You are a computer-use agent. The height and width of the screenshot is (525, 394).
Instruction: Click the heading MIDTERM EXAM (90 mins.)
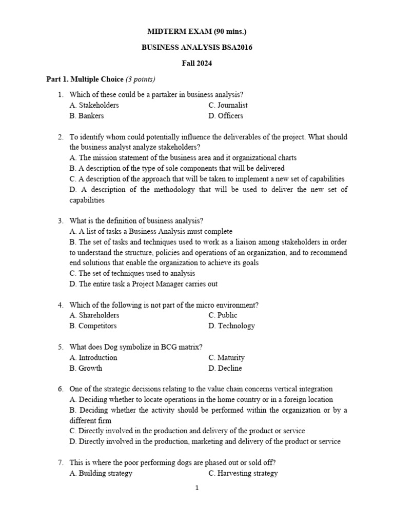[x=197, y=32]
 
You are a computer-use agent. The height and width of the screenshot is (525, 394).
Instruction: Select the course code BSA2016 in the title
[x=234, y=48]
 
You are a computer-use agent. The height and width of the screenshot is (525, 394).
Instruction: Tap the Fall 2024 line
[x=197, y=64]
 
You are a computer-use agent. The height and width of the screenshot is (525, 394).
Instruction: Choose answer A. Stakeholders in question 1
[x=94, y=105]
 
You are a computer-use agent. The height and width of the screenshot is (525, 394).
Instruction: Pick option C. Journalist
[x=228, y=105]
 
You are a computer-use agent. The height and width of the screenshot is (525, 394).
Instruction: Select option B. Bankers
[x=87, y=116]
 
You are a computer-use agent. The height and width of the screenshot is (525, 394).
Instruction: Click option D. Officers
[x=226, y=116]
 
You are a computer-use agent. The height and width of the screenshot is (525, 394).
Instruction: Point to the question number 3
[x=60, y=221]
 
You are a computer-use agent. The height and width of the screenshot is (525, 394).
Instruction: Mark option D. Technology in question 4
[x=232, y=326]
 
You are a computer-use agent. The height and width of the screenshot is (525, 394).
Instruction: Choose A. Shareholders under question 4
[x=94, y=315]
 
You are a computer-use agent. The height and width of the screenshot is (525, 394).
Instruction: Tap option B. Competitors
[x=93, y=326]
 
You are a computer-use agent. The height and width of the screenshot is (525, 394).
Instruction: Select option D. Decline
[x=225, y=368]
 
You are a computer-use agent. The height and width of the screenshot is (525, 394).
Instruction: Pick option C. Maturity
[x=227, y=357]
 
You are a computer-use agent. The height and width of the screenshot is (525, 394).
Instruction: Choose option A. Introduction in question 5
[x=93, y=357]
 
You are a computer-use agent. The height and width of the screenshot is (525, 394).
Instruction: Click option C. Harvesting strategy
[x=243, y=473]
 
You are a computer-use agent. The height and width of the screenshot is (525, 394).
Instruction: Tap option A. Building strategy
[x=101, y=473]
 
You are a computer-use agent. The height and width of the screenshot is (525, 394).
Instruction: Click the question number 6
[x=60, y=389]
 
